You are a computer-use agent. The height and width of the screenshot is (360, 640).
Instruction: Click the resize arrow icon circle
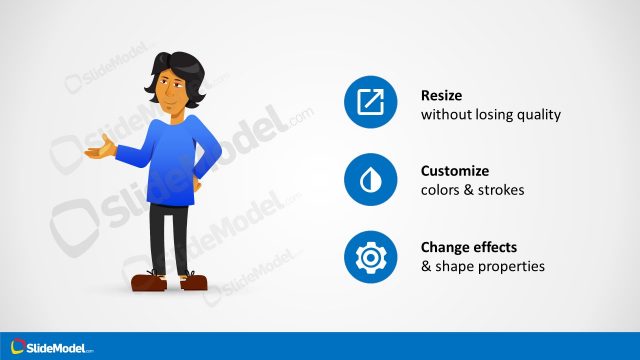[371, 101]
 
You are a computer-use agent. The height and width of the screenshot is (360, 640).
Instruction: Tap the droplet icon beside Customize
[371, 179]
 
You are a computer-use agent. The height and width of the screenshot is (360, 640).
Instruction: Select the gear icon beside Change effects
[371, 257]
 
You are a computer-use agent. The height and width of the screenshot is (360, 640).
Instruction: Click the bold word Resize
[443, 96]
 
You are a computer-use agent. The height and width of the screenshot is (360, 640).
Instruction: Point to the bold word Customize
[455, 171]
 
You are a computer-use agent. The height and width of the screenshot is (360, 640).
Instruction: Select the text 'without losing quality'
[490, 114]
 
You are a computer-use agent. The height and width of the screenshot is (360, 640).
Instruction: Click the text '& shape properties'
[482, 267]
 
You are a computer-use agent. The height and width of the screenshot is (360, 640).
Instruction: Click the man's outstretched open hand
[96, 153]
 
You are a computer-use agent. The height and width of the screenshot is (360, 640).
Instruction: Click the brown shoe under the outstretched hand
[149, 283]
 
